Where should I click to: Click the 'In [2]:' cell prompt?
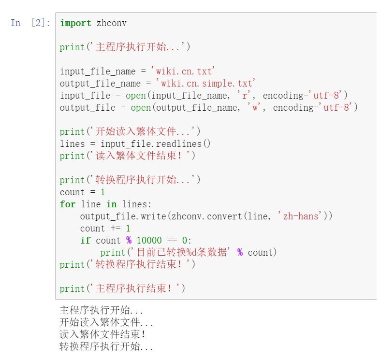pyautogui.click(x=30, y=23)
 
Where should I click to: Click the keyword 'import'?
pyautogui.click(x=75, y=23)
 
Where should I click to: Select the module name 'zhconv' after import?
pyautogui.click(x=112, y=23)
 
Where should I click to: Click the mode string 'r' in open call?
pyautogui.click(x=244, y=95)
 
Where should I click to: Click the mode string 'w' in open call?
pyautogui.click(x=255, y=107)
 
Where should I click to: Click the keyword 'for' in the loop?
pyautogui.click(x=68, y=204)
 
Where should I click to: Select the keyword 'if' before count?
pyautogui.click(x=85, y=240)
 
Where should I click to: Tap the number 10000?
pyautogui.click(x=149, y=240)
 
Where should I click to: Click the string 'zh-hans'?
pyautogui.click(x=300, y=216)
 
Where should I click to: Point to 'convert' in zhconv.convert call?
pyautogui.click(x=224, y=216)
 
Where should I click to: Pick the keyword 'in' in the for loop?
pyautogui.click(x=111, y=204)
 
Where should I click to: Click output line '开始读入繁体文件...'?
pyautogui.click(x=106, y=322)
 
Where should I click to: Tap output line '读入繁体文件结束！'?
pyautogui.click(x=102, y=334)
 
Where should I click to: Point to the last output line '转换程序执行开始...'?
pyautogui.click(x=106, y=346)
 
